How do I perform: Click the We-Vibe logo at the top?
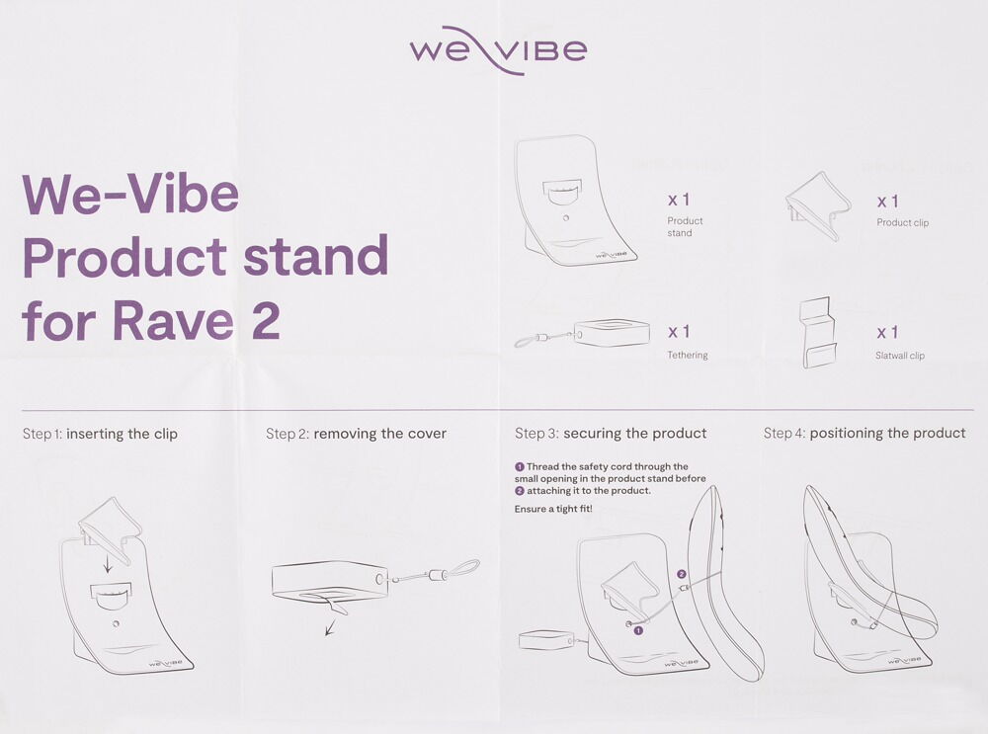point(498,50)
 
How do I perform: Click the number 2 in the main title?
point(265,321)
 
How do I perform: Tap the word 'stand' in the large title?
point(316,256)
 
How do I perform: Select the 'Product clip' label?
point(902,222)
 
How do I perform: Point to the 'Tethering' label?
point(688,356)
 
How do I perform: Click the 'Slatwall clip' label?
point(900,356)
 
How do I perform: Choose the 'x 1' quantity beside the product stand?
point(679,200)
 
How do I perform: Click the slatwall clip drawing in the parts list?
point(818,332)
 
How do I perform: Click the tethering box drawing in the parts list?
point(612,332)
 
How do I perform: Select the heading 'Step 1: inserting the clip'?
point(100,434)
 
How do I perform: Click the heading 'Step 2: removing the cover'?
point(356,434)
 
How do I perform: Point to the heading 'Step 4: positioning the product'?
point(864,433)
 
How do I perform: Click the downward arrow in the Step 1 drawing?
point(108,562)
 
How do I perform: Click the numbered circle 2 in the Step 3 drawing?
point(681,574)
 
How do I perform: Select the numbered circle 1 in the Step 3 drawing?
point(638,630)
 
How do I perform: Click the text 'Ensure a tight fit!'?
point(553,509)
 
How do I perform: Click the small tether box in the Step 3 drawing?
point(545,641)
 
